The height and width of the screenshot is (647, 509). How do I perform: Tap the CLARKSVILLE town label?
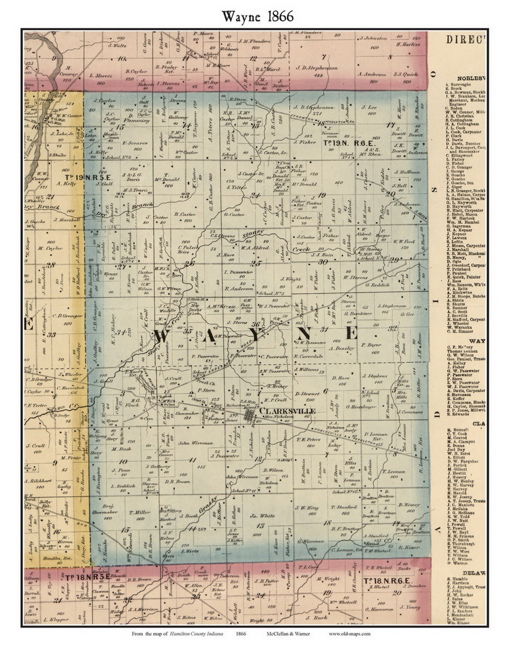click(287, 411)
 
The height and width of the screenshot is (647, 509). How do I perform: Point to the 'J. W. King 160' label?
click(307, 511)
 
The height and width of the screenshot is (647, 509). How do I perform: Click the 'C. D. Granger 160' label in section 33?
click(67, 319)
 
